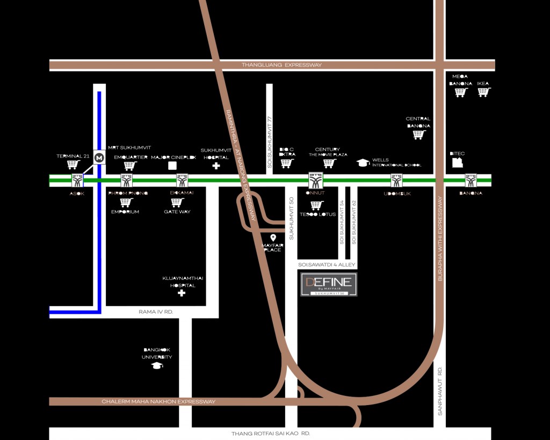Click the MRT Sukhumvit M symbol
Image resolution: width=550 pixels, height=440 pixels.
point(99,157)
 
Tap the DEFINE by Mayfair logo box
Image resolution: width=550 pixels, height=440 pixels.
point(328,284)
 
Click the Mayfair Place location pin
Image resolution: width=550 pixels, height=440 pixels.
point(273,237)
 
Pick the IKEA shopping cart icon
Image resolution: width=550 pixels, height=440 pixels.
point(483,92)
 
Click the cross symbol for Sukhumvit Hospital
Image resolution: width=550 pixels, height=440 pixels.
point(216,166)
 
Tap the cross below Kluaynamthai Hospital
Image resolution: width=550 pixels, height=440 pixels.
point(182,293)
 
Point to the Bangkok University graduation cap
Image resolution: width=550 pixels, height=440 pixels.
point(157,365)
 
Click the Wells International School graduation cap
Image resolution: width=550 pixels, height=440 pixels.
point(363,163)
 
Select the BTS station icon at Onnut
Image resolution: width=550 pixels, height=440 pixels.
point(315,179)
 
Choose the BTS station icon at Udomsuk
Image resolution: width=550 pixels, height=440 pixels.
point(396,181)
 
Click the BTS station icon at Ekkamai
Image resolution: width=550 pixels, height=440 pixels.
point(182,181)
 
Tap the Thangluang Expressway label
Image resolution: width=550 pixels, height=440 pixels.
point(281,65)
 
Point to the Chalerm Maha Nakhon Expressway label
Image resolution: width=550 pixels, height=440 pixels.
point(158,401)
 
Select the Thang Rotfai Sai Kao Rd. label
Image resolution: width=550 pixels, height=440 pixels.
point(271,433)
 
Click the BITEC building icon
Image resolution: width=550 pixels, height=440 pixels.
point(457,162)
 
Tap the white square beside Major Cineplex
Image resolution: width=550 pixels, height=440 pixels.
point(172,165)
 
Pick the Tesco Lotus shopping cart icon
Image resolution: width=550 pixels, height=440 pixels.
point(317,205)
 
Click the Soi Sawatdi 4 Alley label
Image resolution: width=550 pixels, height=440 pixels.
point(327,265)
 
